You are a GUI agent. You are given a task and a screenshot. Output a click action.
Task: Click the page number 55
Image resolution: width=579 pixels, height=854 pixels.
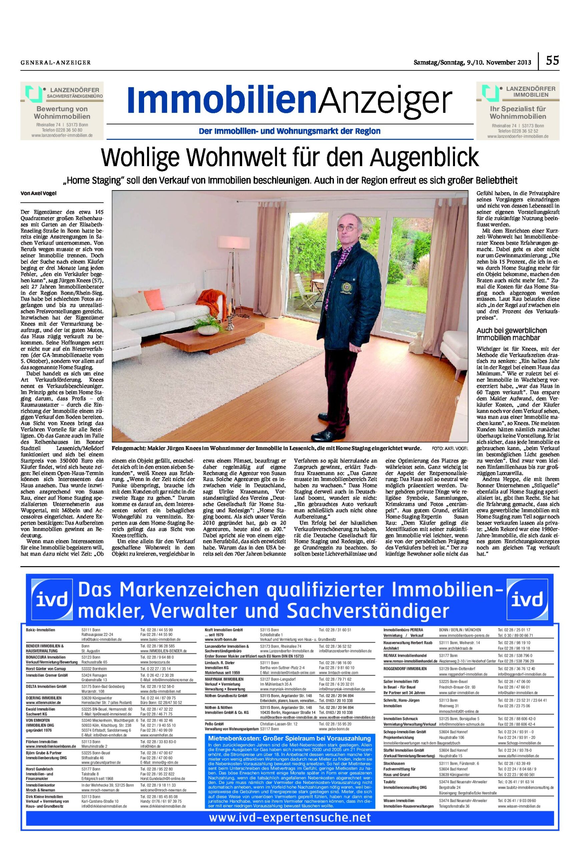(552, 60)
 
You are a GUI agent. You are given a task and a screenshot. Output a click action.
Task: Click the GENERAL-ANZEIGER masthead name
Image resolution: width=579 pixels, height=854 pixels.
(55, 62)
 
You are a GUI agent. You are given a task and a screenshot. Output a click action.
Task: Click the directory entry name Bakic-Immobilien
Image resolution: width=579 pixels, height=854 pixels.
(40, 630)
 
